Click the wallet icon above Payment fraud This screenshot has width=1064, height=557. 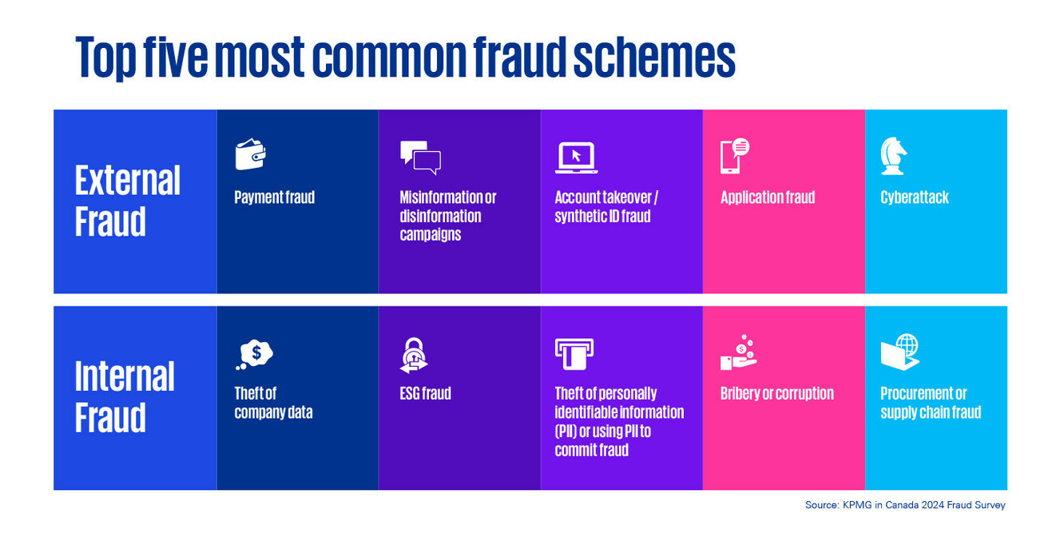pyautogui.click(x=250, y=155)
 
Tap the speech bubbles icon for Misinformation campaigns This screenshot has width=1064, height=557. pyautogui.click(x=420, y=157)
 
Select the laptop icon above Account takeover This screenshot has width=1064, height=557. pyautogui.click(x=576, y=157)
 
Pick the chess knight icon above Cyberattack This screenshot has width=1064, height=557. pyautogui.click(x=893, y=155)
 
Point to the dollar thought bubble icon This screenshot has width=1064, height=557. pyautogui.click(x=255, y=352)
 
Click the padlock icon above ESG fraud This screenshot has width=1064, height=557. pyautogui.click(x=414, y=355)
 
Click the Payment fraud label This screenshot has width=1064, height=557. pyautogui.click(x=274, y=197)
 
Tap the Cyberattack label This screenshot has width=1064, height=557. pyautogui.click(x=915, y=197)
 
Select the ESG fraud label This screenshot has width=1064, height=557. pyautogui.click(x=425, y=393)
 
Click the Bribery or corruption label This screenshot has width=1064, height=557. pyautogui.click(x=776, y=393)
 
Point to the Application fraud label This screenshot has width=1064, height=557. pyautogui.click(x=768, y=197)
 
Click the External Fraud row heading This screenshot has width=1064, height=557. pyautogui.click(x=128, y=201)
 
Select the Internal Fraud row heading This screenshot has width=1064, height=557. pyautogui.click(x=125, y=396)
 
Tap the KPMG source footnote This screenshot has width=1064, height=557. pyautogui.click(x=905, y=505)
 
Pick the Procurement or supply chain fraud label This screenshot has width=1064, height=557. pyautogui.click(x=931, y=403)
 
